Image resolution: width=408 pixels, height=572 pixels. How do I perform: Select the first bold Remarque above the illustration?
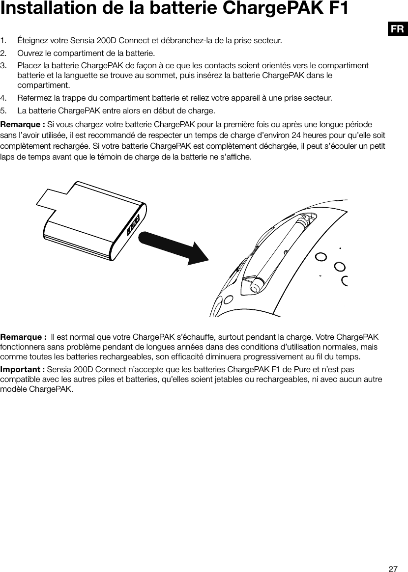22,123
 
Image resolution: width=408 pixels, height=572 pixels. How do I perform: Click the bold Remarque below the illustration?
22,337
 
